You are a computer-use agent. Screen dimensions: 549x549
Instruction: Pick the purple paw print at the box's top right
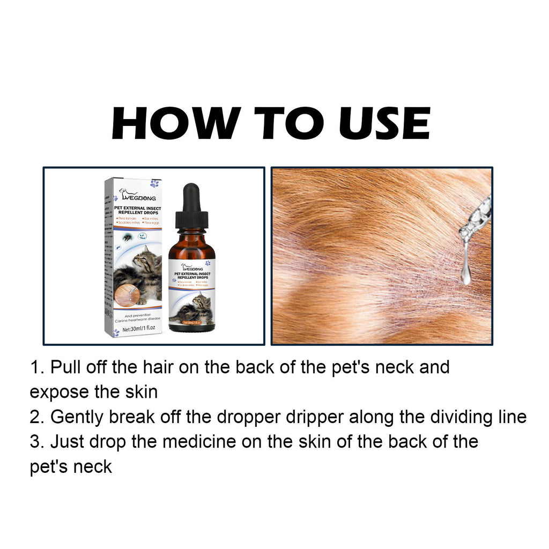(154, 183)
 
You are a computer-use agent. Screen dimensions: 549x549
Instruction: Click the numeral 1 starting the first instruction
(34, 368)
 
